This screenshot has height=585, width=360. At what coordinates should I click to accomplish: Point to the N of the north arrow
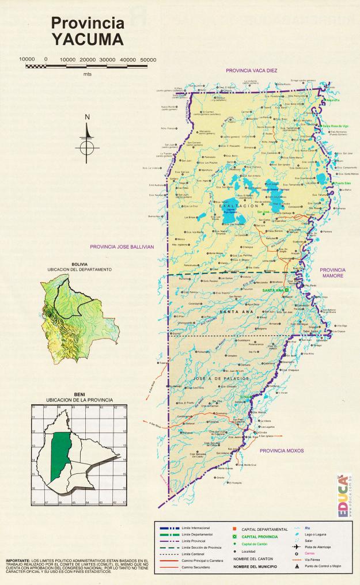point(88,117)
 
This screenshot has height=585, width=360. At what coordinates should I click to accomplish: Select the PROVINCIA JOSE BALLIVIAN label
point(122,246)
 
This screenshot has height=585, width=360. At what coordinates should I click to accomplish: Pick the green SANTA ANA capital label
point(273,291)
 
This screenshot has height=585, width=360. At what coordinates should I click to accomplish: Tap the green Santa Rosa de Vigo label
point(335,126)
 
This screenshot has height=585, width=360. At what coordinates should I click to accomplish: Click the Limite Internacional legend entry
point(195,528)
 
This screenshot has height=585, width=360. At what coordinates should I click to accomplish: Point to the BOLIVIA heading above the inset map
point(79,264)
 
